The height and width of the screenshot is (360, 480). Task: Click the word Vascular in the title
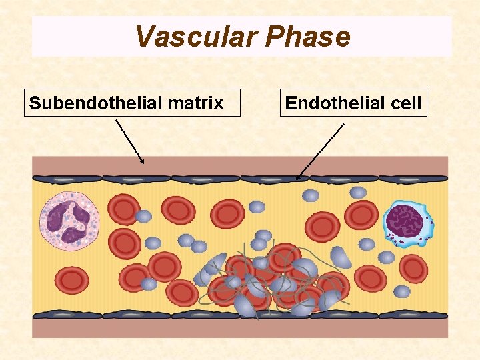[x=195, y=37]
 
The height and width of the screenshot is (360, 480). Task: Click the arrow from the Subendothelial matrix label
[x=130, y=141]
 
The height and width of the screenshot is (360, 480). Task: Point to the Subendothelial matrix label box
[x=132, y=103]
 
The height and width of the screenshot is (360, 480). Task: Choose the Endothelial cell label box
[x=353, y=103]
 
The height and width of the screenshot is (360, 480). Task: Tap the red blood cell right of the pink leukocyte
[x=124, y=209]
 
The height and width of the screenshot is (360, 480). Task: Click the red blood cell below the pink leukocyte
[x=72, y=280]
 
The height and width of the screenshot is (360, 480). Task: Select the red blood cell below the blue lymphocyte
[x=413, y=268]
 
